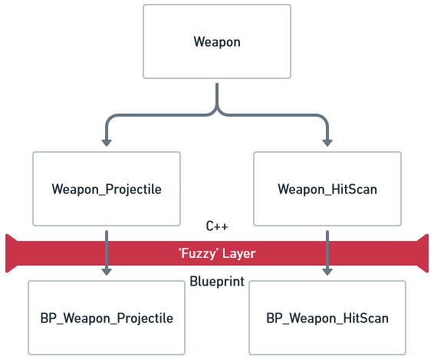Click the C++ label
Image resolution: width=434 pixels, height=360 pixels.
pyautogui.click(x=217, y=226)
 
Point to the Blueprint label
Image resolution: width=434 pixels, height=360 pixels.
pyautogui.click(x=217, y=282)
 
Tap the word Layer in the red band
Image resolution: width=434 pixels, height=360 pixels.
pyautogui.click(x=239, y=253)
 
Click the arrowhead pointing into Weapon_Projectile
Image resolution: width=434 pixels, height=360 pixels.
pyautogui.click(x=107, y=143)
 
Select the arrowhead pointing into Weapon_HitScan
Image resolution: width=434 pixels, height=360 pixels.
pyautogui.click(x=327, y=143)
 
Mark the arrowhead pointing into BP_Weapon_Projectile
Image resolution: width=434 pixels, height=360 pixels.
pyautogui.click(x=107, y=272)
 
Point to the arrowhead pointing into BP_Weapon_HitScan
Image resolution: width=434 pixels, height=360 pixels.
pyautogui.click(x=327, y=272)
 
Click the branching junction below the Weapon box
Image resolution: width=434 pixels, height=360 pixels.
pyautogui.click(x=217, y=111)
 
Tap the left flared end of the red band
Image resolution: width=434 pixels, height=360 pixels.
pyautogui.click(x=12, y=253)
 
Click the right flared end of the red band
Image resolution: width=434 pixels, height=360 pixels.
pyautogui.click(x=422, y=253)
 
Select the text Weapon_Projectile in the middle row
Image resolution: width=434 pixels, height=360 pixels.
pyautogui.click(x=107, y=190)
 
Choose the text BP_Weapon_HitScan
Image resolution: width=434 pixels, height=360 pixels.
pyautogui.click(x=327, y=318)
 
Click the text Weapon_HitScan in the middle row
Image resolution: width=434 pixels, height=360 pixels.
pyautogui.click(x=327, y=190)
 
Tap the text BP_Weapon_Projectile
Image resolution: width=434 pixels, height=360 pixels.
pyautogui.click(x=107, y=318)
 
